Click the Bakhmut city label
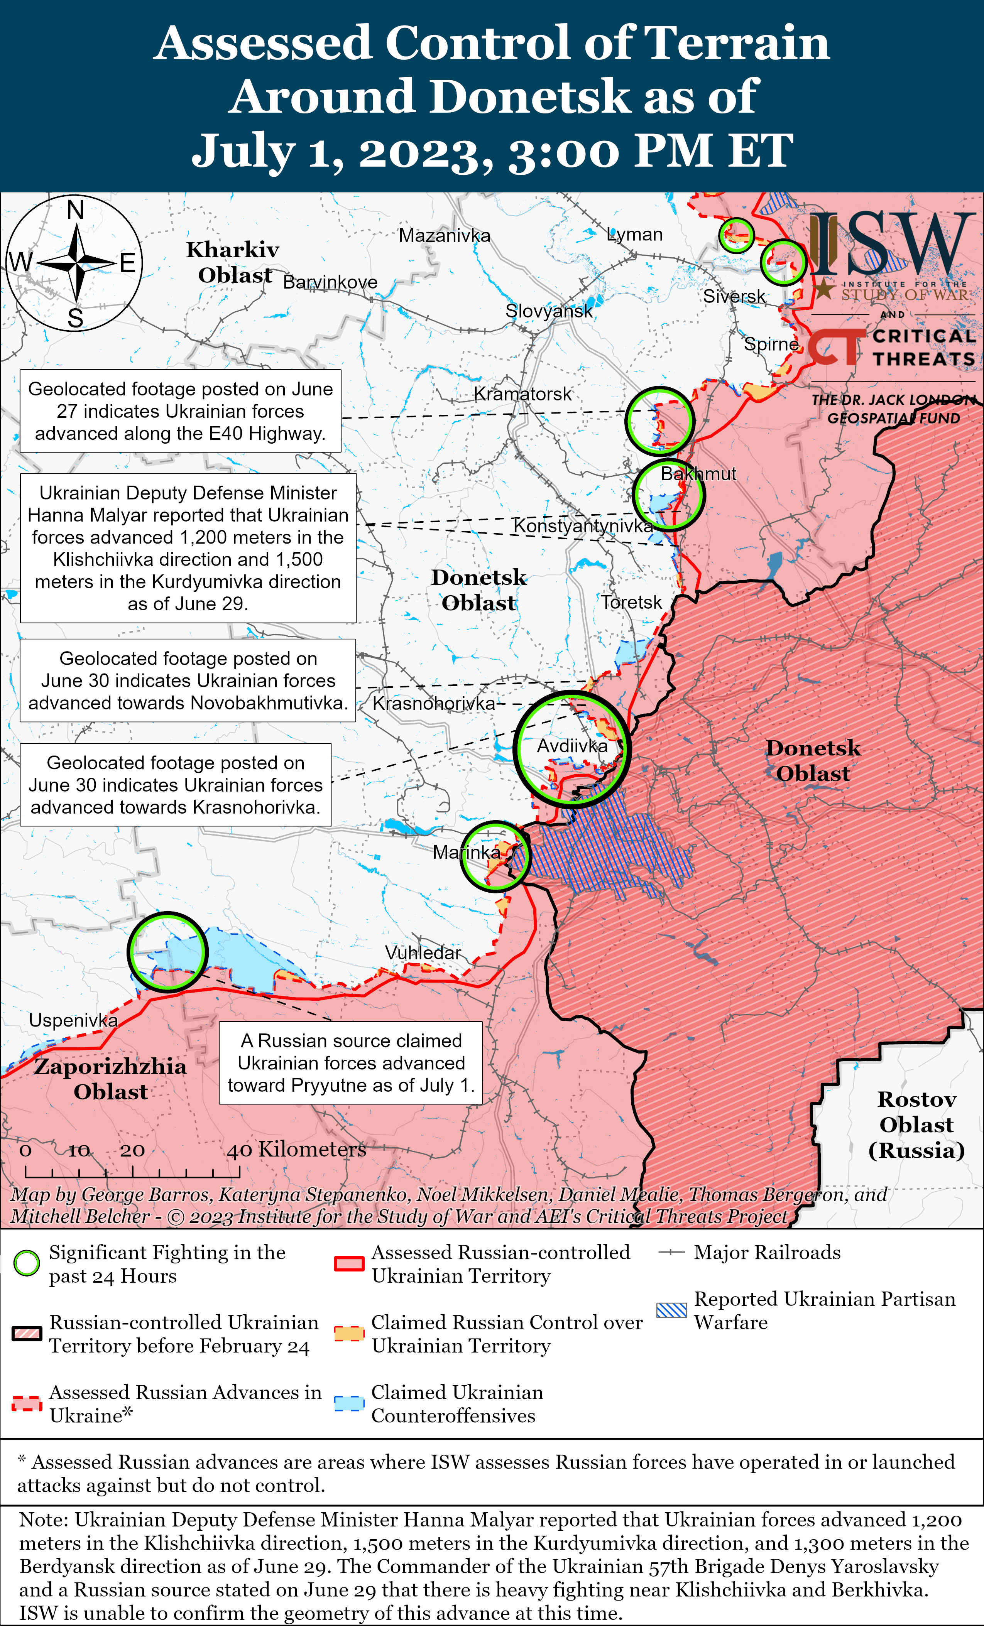698,473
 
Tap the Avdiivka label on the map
571,746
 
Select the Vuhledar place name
423,952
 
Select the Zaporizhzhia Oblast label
110,1078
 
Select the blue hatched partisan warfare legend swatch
672,1310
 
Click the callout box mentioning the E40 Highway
180,411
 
